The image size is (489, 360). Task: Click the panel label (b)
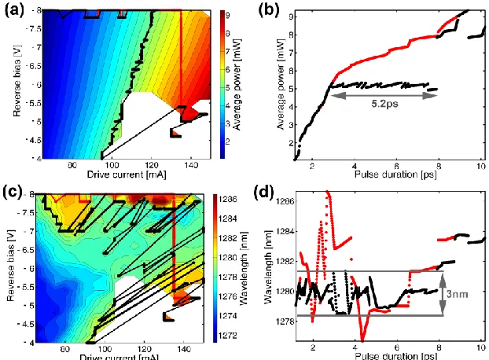pos(269,10)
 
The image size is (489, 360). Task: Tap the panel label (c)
pos(13,191)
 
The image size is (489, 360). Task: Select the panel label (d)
pos(264,193)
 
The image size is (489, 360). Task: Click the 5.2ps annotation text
pos(384,104)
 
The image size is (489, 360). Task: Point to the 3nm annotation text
pos(458,294)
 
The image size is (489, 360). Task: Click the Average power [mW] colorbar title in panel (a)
pos(238,84)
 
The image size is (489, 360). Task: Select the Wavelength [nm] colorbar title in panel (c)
pos(244,267)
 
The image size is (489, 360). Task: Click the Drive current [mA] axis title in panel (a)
pos(127,174)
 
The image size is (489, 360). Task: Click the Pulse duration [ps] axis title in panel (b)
pos(395,174)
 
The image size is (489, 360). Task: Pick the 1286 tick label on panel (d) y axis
pos(285,201)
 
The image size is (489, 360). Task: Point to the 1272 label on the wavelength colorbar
pos(228,336)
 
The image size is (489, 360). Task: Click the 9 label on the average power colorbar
pos(228,15)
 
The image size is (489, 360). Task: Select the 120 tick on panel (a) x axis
pos(152,165)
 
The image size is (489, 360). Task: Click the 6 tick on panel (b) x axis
pos(396,166)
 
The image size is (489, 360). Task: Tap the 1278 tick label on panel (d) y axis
pos(285,321)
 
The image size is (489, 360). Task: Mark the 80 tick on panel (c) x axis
pos(65,349)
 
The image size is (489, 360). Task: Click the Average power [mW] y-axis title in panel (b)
pos(281,84)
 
